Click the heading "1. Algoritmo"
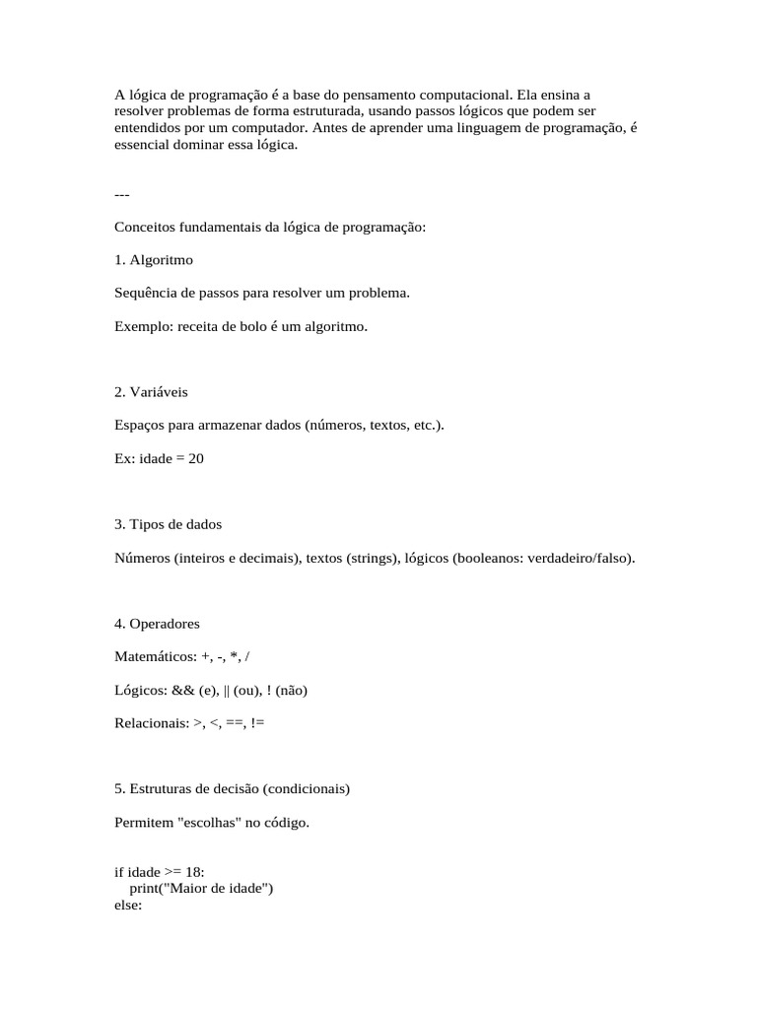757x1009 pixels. [x=154, y=260]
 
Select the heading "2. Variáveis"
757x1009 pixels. [x=151, y=392]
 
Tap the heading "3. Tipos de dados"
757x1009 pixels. [x=168, y=524]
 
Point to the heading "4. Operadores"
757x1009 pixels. [x=157, y=624]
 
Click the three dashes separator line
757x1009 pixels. [x=122, y=194]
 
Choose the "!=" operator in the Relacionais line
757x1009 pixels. [x=257, y=723]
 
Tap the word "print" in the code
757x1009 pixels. [x=144, y=889]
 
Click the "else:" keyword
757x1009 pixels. [x=129, y=905]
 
